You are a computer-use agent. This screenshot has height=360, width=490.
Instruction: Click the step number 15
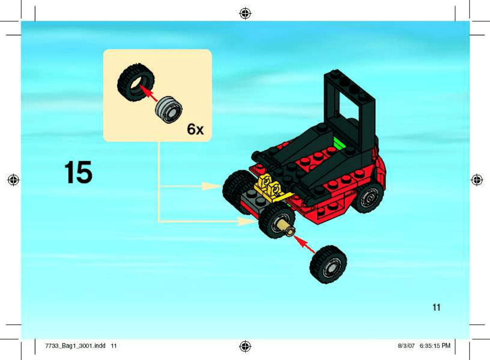click(78, 172)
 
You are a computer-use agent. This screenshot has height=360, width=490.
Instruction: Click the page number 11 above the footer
click(436, 308)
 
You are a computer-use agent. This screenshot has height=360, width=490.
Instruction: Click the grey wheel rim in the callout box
click(169, 110)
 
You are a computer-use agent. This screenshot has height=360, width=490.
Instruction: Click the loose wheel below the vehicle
click(328, 264)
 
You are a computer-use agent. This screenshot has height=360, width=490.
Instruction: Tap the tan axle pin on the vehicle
click(286, 229)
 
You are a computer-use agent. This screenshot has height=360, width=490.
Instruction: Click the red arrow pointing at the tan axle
click(304, 244)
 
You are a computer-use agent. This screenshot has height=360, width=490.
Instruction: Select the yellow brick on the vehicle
click(271, 188)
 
